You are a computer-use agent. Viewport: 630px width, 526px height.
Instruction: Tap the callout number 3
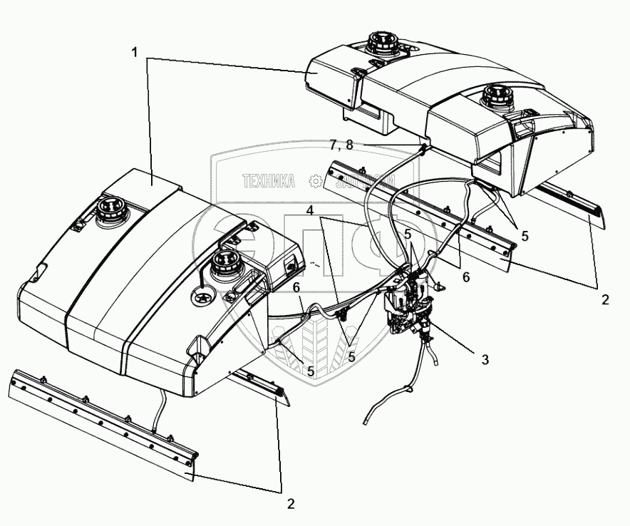[485, 359]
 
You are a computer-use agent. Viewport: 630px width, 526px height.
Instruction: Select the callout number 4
[311, 211]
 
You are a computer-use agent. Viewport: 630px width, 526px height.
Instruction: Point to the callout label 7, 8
[341, 145]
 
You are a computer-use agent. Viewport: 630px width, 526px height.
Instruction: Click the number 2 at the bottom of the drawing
[291, 503]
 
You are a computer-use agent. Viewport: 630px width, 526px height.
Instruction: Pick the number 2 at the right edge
[604, 300]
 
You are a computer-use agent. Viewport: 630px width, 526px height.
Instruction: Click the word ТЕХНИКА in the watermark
[269, 182]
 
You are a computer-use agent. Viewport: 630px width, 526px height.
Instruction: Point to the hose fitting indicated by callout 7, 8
[425, 148]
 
